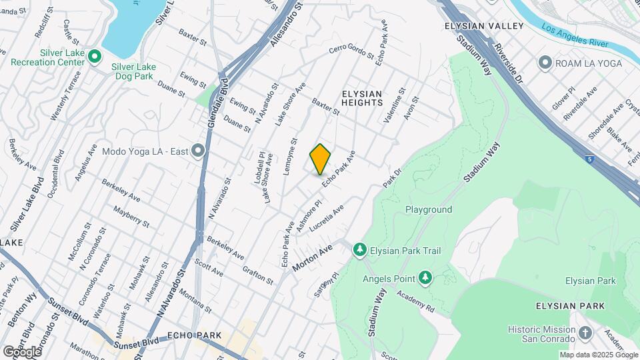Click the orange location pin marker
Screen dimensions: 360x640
320,159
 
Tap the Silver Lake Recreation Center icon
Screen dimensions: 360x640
95,57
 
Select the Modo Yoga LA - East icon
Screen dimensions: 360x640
197,151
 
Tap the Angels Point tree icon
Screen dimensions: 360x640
425,277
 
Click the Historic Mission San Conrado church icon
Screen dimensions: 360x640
585,332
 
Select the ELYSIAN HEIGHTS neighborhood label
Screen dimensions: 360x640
362,98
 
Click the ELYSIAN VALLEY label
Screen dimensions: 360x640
484,26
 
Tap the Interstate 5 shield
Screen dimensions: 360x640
589,159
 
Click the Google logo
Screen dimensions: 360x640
23,351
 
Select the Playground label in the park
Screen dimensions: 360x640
429,209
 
